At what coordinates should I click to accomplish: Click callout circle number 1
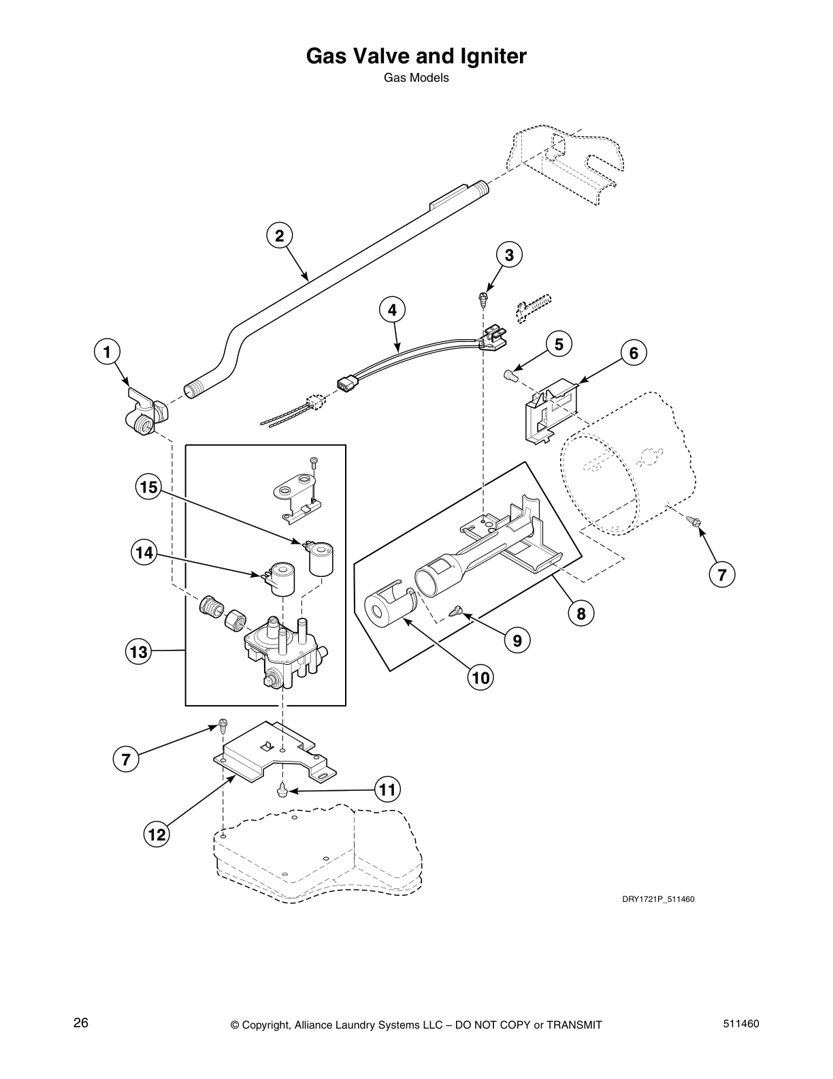106,352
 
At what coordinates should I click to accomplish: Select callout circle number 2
279,236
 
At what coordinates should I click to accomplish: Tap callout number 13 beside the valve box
138,652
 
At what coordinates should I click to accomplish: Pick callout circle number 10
480,677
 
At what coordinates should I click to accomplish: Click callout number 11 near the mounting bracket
387,790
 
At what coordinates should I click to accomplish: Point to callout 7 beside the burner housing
721,574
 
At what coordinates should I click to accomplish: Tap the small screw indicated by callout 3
482,296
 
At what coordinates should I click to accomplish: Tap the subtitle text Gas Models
416,78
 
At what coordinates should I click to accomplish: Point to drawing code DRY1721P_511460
657,899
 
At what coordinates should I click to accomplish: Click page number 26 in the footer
81,1023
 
